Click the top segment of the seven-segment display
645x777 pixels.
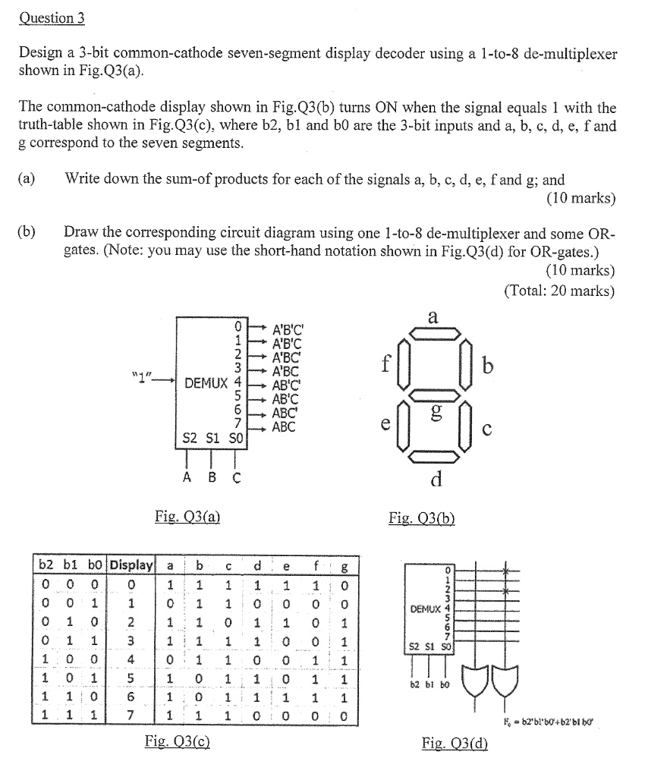point(433,332)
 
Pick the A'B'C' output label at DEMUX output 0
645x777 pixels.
point(291,330)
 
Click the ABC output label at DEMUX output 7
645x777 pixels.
point(284,427)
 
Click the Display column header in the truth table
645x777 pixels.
point(132,565)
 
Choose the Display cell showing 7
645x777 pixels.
point(131,713)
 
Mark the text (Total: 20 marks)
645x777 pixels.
point(559,291)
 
